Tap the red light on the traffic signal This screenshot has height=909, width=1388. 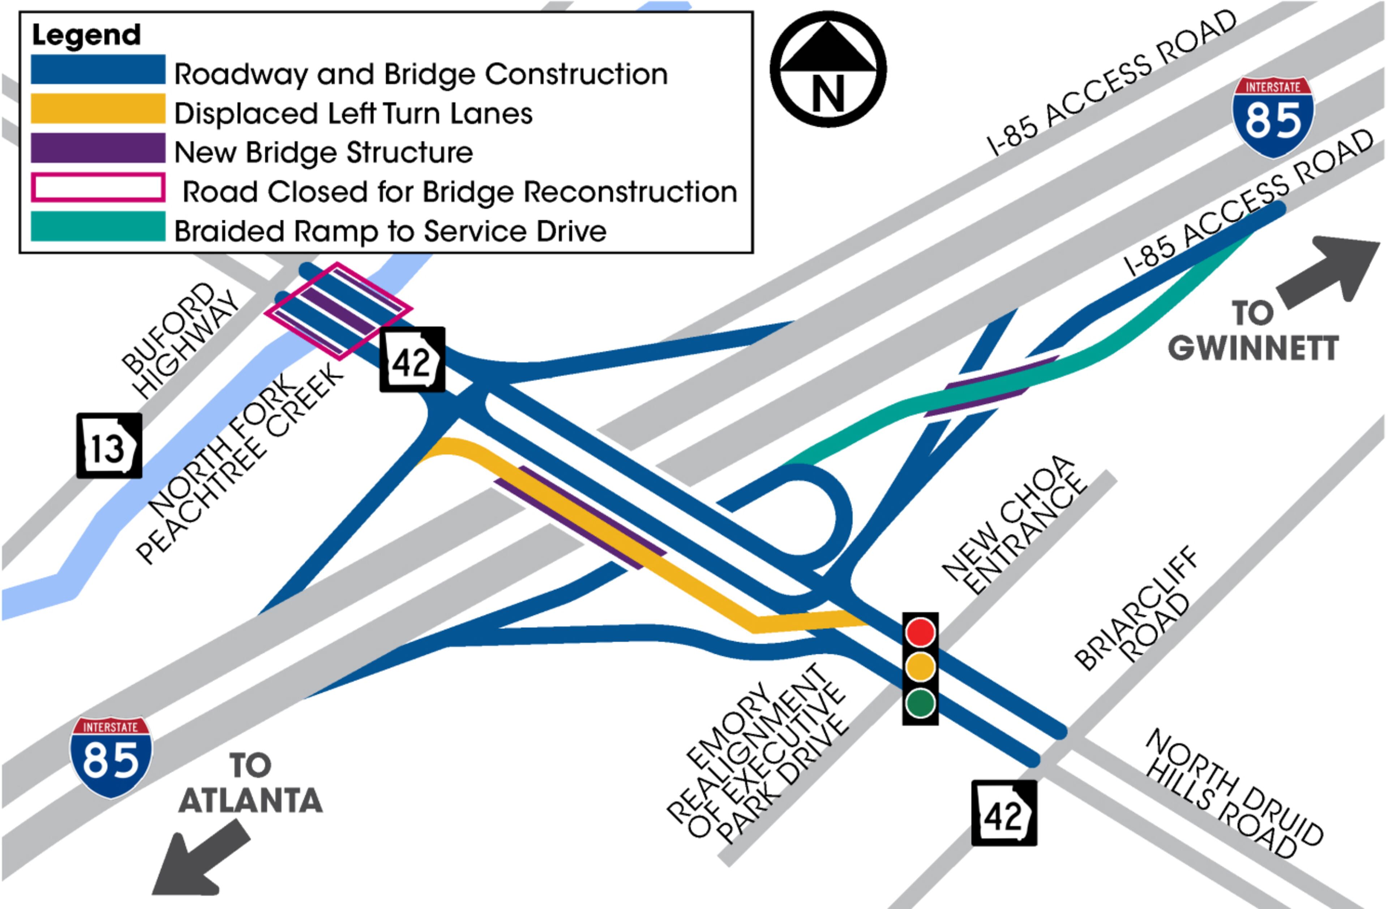pyautogui.click(x=920, y=632)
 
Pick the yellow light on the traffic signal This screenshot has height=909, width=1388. pyautogui.click(x=920, y=667)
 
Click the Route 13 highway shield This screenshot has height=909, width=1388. pyautogui.click(x=109, y=446)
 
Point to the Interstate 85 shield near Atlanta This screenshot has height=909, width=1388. pyautogui.click(x=111, y=757)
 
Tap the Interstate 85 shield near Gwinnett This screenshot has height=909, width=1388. pyautogui.click(x=1273, y=117)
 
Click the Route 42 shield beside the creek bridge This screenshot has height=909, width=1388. pyautogui.click(x=412, y=360)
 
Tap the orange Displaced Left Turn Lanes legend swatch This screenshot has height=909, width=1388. pyautogui.click(x=98, y=109)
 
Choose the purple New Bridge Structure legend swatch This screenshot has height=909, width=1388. pyautogui.click(x=98, y=148)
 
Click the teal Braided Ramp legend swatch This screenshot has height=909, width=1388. pyautogui.click(x=98, y=226)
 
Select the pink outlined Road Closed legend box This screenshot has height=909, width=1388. pyautogui.click(x=98, y=188)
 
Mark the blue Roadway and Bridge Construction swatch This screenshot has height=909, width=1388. pyautogui.click(x=98, y=69)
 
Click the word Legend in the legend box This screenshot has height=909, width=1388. pyautogui.click(x=86, y=35)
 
